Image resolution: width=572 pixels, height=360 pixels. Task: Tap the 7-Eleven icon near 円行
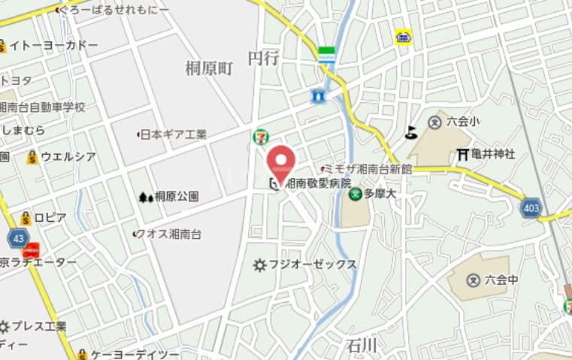[259, 137]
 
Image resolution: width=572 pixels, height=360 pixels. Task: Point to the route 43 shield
[18, 238]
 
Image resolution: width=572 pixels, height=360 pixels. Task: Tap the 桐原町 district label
[210, 68]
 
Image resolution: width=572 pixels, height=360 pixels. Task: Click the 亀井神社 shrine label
[493, 154]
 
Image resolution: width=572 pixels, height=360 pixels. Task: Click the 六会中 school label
[501, 280]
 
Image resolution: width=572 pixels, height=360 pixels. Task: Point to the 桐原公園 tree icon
[145, 197]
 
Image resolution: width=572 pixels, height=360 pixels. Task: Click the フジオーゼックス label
[313, 265]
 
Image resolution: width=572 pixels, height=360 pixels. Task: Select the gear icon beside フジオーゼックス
[260, 265]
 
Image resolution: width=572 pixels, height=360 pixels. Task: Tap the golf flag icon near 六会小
[410, 133]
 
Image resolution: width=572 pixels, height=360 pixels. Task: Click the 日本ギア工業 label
[174, 135]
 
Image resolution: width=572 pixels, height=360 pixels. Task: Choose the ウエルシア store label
[68, 157]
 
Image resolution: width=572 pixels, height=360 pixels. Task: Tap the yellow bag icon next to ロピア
[26, 218]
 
